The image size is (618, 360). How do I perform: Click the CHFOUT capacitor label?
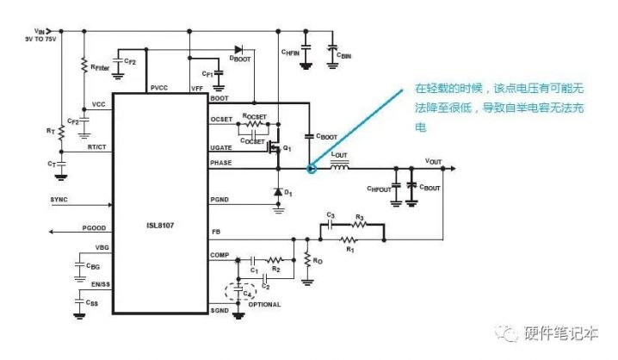pyautogui.click(x=379, y=188)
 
